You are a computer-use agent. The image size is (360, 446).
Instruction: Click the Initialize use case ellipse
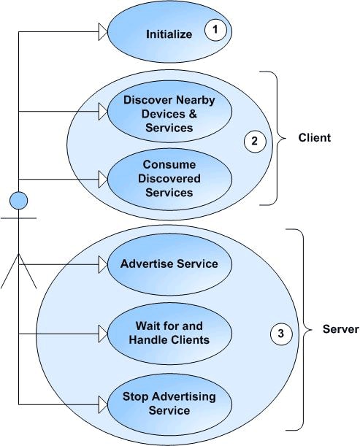point(169,33)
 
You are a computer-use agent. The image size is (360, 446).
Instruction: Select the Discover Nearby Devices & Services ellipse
point(169,113)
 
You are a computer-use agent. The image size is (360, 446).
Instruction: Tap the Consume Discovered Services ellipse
point(169,178)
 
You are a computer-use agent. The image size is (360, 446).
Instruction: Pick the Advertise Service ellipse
point(169,264)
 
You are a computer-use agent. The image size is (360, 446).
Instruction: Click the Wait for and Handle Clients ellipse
point(169,333)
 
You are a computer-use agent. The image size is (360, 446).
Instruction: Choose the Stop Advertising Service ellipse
point(169,403)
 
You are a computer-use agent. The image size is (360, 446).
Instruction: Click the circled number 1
point(215,31)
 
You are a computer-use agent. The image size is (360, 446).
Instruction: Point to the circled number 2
point(254,142)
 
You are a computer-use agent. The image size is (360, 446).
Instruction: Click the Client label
point(315,138)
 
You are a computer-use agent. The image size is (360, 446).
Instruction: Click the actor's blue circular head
point(18,199)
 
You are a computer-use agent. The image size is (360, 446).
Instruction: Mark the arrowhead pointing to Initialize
point(102,31)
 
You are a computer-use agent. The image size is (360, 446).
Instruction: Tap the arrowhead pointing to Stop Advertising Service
point(102,401)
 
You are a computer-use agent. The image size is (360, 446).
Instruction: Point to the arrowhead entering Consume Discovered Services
point(102,177)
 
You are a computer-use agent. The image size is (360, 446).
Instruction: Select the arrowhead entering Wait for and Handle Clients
point(102,334)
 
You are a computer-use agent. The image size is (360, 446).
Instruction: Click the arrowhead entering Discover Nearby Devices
point(102,112)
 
